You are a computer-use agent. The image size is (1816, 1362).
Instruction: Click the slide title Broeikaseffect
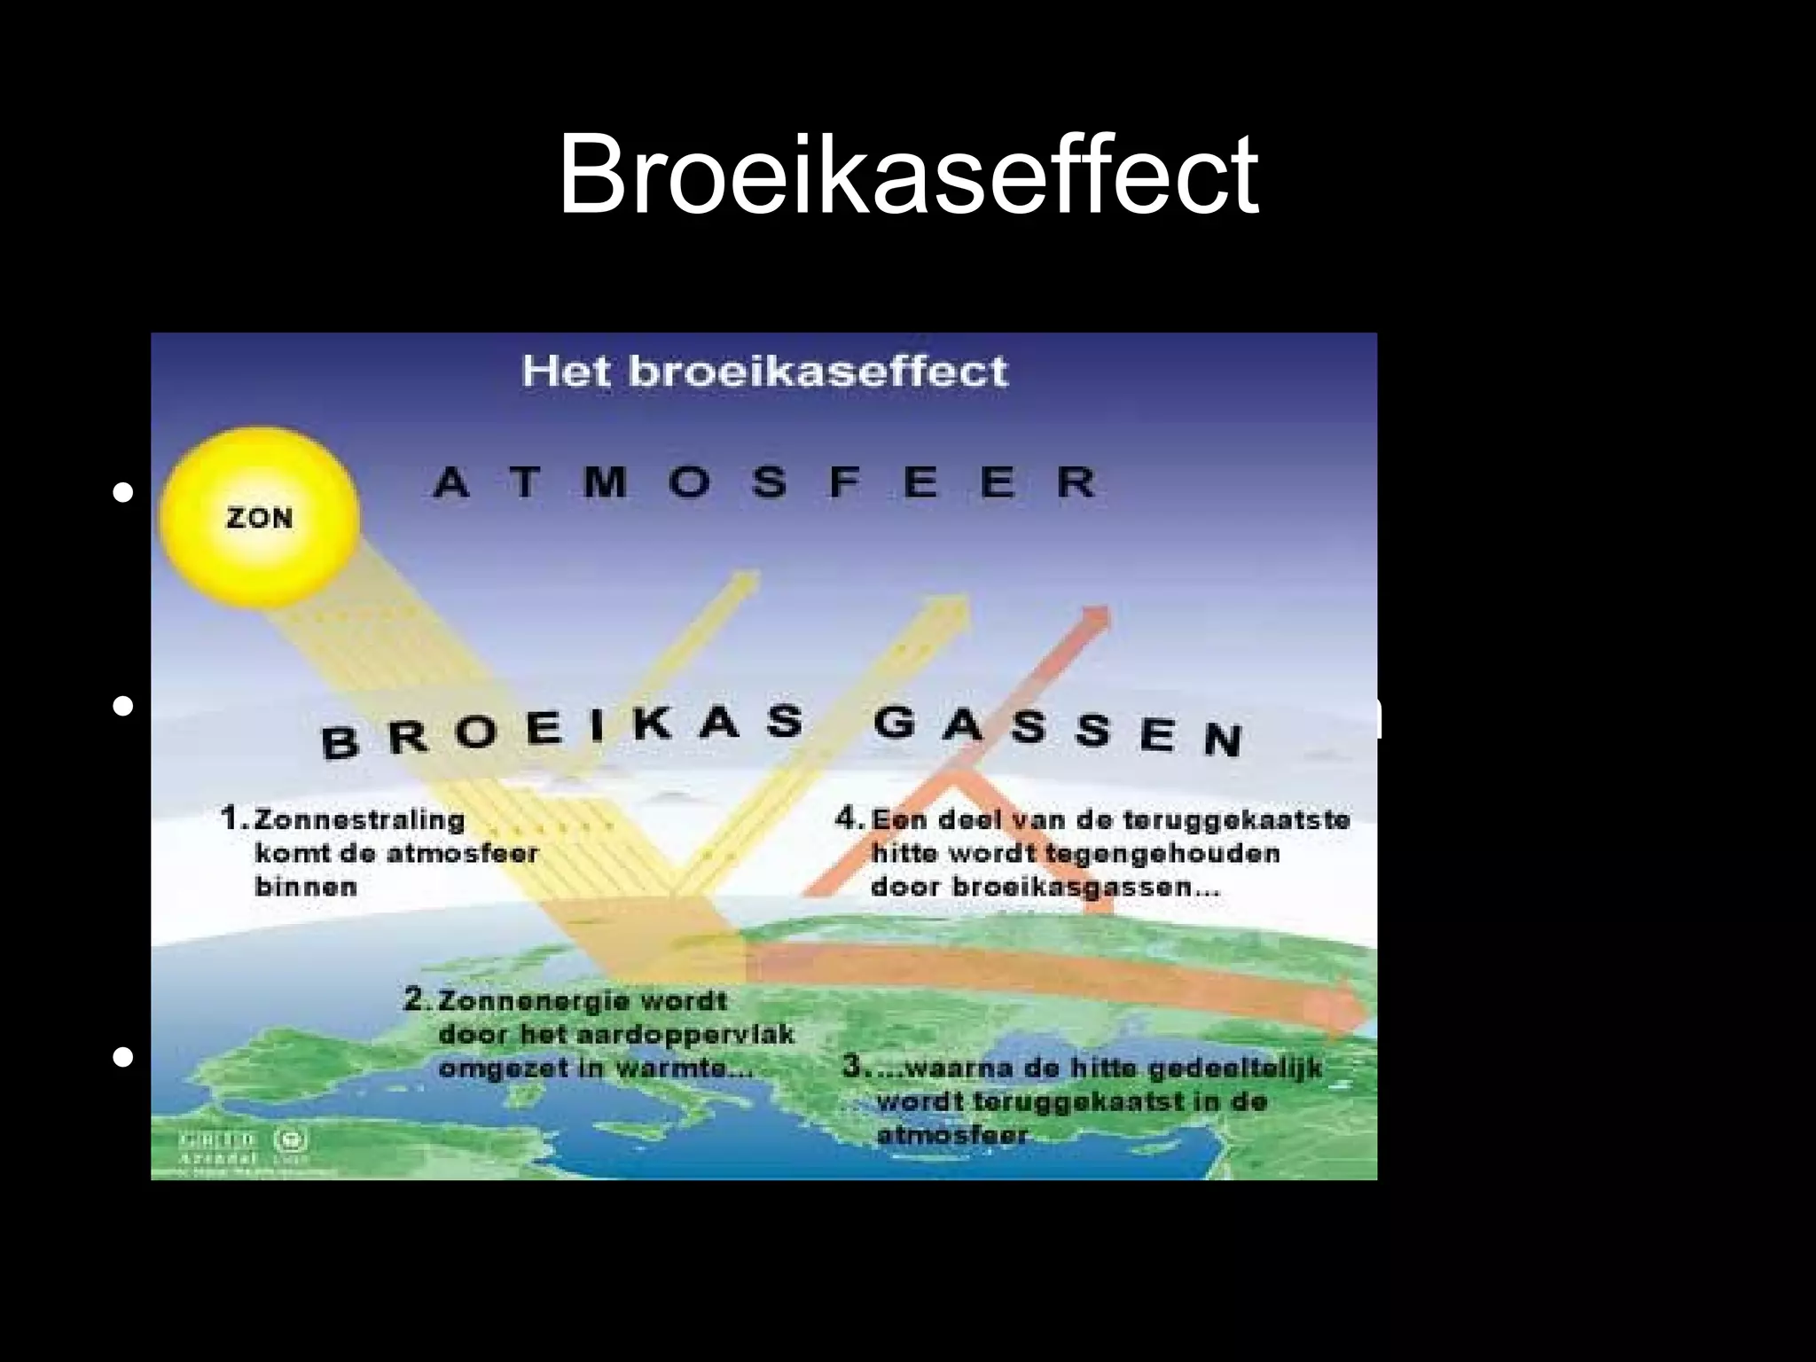tap(907, 174)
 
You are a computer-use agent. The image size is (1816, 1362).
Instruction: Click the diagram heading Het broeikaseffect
tap(764, 371)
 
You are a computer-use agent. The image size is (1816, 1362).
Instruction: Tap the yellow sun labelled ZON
tap(259, 517)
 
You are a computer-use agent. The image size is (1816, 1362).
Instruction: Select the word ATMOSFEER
tap(764, 482)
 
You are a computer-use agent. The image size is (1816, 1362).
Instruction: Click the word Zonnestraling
tap(359, 820)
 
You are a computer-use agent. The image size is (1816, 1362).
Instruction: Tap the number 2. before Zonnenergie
tap(418, 1000)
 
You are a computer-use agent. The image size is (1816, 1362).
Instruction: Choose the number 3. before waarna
tap(854, 1066)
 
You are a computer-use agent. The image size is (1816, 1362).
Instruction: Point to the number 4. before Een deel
tap(849, 818)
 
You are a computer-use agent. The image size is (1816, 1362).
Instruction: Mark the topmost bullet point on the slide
tap(123, 492)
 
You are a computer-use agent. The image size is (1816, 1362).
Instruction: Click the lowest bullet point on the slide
tap(123, 1057)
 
